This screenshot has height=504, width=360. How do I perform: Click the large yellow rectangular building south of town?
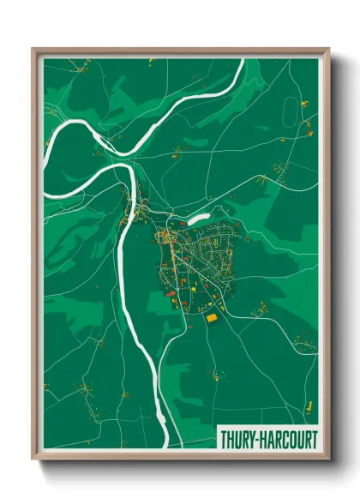click(211, 317)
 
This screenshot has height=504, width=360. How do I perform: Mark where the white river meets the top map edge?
click(242, 59)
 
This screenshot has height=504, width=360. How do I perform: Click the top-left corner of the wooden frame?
click(33, 48)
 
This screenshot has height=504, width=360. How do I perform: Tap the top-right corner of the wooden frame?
click(329, 48)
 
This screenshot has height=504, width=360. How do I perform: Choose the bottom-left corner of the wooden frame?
click(33, 463)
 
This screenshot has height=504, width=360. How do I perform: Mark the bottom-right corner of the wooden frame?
click(329, 463)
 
